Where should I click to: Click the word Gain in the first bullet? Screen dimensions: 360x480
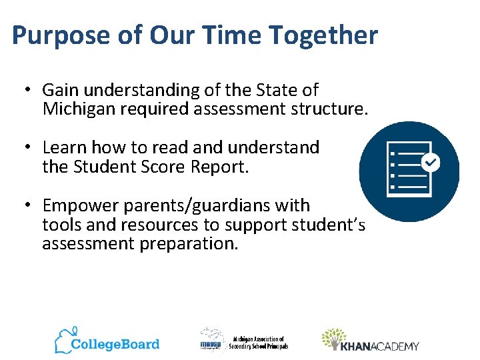click(59, 90)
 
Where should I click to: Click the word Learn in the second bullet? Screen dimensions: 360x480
click(64, 147)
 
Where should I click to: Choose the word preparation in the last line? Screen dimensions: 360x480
click(189, 243)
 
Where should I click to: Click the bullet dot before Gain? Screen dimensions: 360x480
click(27, 90)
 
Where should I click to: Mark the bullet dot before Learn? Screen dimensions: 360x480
click(27, 147)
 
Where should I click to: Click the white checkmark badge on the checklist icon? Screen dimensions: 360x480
click(431, 161)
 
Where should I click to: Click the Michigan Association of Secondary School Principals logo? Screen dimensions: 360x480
click(243, 341)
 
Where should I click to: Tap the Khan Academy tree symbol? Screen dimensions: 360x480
click(333, 339)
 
